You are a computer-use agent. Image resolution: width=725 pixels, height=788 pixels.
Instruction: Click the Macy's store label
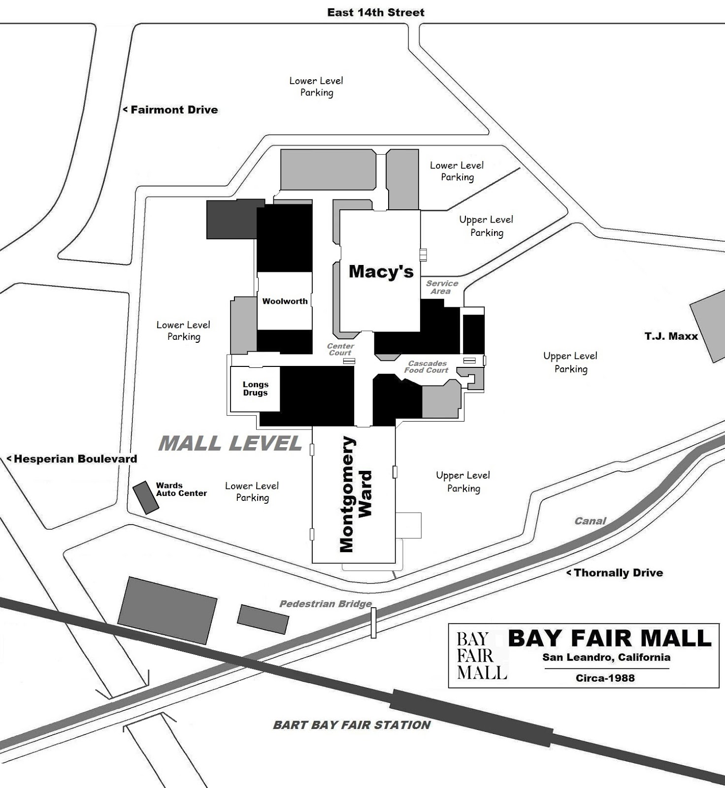point(381,271)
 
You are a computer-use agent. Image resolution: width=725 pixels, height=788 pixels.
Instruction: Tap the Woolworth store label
point(285,301)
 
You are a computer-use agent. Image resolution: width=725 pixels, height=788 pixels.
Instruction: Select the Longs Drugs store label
point(255,389)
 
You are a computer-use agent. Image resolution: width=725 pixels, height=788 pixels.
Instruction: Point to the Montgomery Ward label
point(356,494)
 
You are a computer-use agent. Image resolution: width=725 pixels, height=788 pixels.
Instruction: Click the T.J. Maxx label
point(671,336)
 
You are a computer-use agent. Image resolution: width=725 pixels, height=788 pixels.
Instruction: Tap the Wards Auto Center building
point(145,497)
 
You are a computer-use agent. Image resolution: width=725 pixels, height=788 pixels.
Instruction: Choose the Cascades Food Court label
point(427,367)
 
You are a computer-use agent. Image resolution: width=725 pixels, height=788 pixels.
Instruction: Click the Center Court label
point(340,350)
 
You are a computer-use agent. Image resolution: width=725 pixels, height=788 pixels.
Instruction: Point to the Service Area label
point(442,287)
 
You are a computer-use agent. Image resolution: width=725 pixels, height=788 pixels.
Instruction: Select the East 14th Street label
point(375,12)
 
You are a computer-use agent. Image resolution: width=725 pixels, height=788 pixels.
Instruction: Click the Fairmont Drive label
point(174,110)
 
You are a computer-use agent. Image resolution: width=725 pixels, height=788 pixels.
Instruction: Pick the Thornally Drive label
point(618,573)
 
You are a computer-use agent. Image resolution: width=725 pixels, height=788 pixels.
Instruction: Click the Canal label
point(590,521)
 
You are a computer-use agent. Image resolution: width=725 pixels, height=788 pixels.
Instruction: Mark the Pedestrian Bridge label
point(326,604)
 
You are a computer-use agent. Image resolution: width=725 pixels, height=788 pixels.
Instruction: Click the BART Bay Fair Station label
point(352,725)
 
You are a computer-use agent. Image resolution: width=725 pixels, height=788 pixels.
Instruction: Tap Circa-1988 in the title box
point(605,678)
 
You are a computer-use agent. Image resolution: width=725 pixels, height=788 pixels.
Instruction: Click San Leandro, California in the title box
point(606,657)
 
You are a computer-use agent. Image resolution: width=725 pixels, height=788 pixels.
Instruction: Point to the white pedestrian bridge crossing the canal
point(373,623)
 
